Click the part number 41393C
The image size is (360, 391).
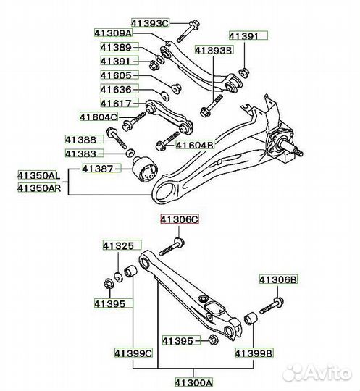[x=150, y=23]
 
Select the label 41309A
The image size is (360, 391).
[x=113, y=33]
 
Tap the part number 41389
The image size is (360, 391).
[x=116, y=47]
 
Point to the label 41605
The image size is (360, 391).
[x=116, y=75]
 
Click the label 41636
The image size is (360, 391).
[x=116, y=89]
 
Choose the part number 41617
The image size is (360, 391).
[x=116, y=104]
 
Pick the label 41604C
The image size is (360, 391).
[x=99, y=117]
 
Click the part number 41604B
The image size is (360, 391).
[x=195, y=145]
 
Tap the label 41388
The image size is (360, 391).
[x=80, y=140]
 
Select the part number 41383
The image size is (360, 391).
[x=80, y=154]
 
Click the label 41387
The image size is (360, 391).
[x=98, y=169]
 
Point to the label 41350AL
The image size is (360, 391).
[x=39, y=176]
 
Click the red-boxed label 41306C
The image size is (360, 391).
[x=180, y=219]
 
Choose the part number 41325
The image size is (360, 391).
[x=119, y=246]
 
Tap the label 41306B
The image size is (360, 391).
[x=278, y=279]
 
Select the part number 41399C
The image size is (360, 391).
[x=133, y=353]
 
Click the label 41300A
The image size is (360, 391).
[x=194, y=382]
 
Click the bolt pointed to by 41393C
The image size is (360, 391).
[x=188, y=31]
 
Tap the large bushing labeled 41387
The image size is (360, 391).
[x=144, y=169]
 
